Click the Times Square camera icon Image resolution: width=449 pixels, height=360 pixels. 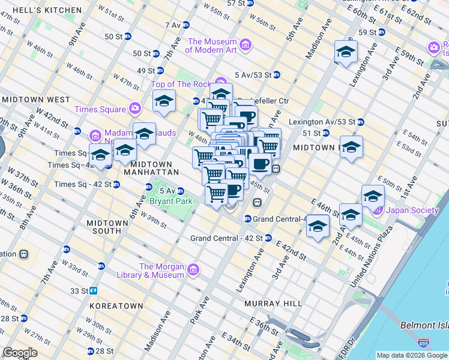(135, 109)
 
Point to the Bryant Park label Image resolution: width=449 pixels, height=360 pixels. (171, 201)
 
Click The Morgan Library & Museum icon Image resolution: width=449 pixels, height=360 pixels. (193, 270)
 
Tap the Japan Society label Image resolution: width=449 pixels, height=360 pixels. (412, 210)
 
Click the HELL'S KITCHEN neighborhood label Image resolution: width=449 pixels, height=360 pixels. (41, 10)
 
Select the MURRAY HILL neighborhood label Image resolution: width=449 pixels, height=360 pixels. (273, 304)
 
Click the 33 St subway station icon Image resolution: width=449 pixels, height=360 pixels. (94, 290)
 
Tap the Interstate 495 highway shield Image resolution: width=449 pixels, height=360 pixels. (423, 343)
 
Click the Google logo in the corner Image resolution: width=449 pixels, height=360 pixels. (20, 353)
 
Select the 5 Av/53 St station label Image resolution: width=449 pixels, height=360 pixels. (253, 75)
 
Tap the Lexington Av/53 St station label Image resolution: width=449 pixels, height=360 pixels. (322, 122)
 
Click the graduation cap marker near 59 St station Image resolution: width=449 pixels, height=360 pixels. (346, 52)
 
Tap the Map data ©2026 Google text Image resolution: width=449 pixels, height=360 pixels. (411, 355)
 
